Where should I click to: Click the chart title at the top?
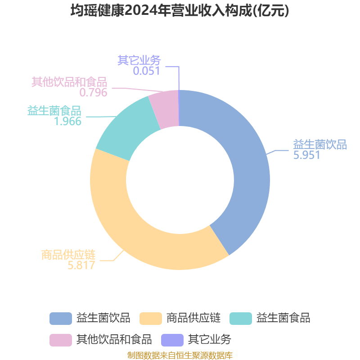tap(180, 10)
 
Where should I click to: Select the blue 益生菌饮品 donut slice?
tap(248, 170)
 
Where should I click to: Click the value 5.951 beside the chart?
tap(307, 155)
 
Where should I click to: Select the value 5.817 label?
tap(81, 265)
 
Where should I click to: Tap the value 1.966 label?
tap(68, 121)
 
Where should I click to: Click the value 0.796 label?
tap(94, 93)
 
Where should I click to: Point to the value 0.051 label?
tap(147, 71)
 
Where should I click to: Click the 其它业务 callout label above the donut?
tap(139, 60)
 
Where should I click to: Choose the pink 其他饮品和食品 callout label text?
tap(69, 82)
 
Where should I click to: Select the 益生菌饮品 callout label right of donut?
tap(320, 144)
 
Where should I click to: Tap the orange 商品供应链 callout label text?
tap(68, 255)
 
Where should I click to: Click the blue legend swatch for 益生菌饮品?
tap(61, 319)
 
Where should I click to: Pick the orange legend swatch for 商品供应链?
tap(151, 319)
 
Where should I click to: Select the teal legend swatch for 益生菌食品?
tap(241, 319)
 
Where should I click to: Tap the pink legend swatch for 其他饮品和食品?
tap(61, 340)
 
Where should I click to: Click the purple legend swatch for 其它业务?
tap(172, 340)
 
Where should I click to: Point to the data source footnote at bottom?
tap(180, 355)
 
